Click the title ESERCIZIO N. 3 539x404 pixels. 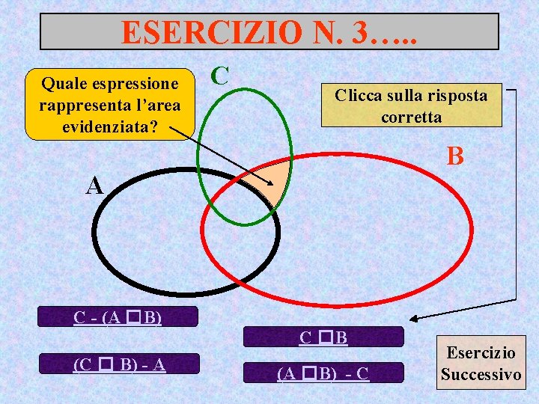269,32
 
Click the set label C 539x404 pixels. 219,76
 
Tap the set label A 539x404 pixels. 94,186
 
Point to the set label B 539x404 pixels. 454,156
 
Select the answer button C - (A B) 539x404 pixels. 118,317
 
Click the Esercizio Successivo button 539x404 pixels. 481,364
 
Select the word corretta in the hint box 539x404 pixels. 411,117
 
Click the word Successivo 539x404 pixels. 481,374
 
